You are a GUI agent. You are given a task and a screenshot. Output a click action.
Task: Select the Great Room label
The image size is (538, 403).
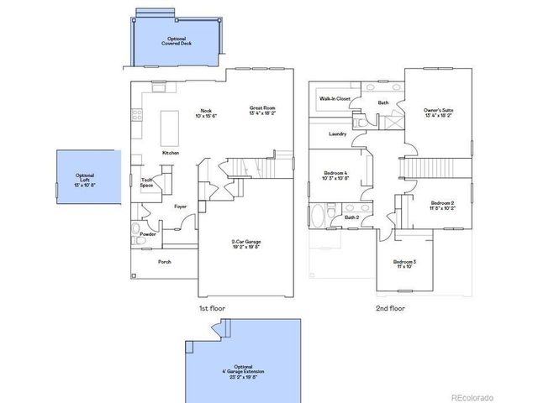pyautogui.click(x=262, y=110)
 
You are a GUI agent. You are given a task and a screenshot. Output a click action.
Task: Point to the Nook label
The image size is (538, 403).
pyautogui.click(x=206, y=113)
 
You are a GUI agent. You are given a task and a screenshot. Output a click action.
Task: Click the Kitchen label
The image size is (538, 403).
pyautogui.click(x=171, y=153)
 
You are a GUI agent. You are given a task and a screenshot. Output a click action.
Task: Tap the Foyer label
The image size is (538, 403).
pyautogui.click(x=180, y=206)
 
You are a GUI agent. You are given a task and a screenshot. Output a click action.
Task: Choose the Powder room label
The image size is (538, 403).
pyautogui.click(x=148, y=234)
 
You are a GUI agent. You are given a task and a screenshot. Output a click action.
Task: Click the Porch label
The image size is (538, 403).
pyautogui.click(x=165, y=262)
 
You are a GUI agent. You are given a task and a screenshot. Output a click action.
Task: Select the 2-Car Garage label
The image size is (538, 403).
pyautogui.click(x=245, y=244)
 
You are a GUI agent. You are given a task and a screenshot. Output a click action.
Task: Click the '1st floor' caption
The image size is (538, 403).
pyautogui.click(x=212, y=308)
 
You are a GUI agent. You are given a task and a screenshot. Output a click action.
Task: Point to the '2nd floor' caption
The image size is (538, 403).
pyautogui.click(x=389, y=308)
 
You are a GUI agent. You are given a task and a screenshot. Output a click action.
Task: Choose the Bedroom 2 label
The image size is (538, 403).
pyautogui.click(x=442, y=205)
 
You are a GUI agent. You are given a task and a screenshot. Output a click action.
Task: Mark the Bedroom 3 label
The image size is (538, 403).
pyautogui.click(x=406, y=264)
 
